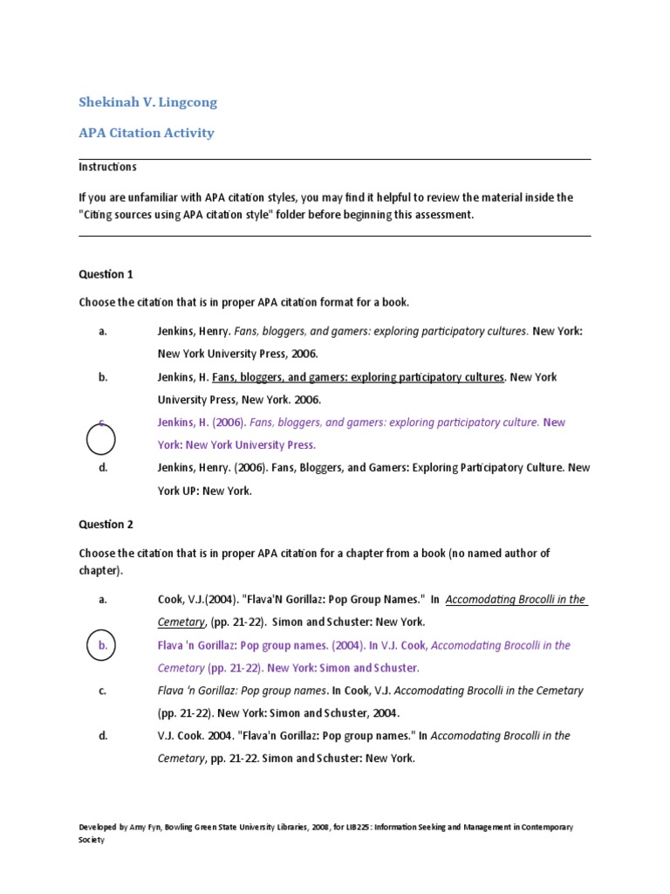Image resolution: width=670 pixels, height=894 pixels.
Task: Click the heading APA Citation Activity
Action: tap(146, 133)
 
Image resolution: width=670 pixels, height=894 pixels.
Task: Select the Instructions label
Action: tap(107, 167)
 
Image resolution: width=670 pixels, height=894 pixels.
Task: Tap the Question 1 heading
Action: tap(106, 274)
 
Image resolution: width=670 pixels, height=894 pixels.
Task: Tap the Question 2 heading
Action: tap(106, 524)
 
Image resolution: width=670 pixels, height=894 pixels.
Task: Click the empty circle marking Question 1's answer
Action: tap(101, 437)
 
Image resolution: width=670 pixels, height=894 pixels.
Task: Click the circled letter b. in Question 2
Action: tap(102, 646)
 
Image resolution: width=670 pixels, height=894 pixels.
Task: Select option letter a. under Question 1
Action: tap(103, 332)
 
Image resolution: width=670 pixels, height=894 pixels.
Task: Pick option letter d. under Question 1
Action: tap(103, 468)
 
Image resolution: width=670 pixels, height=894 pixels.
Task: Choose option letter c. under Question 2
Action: tap(103, 691)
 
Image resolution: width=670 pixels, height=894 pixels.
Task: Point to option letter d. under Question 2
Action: tap(103, 736)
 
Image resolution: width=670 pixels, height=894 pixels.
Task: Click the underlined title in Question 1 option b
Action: tap(358, 377)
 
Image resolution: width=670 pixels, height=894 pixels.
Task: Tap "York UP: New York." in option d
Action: tap(204, 491)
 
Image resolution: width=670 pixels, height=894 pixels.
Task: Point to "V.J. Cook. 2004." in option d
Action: tap(194, 736)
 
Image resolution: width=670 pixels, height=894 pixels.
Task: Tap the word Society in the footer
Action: tap(92, 840)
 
